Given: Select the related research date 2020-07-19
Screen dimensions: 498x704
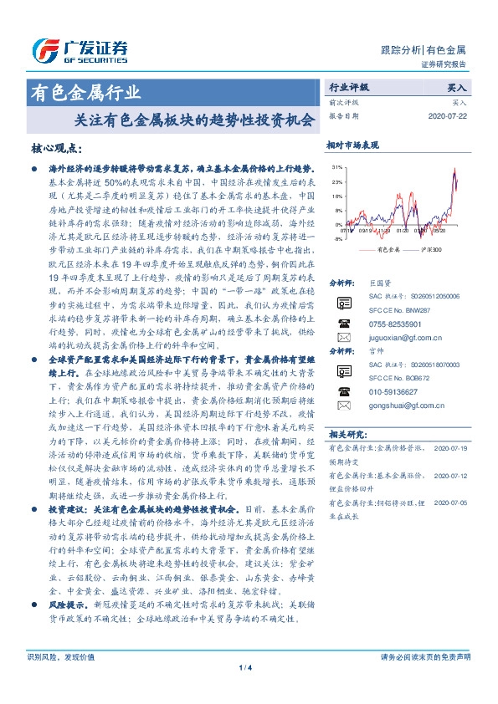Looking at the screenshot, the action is [451, 448].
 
